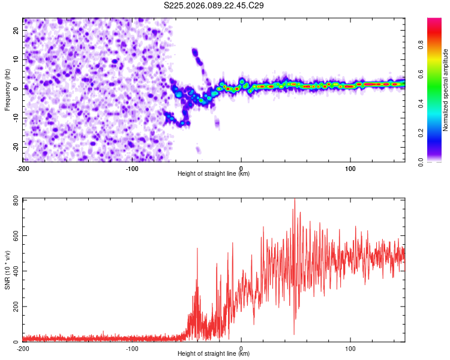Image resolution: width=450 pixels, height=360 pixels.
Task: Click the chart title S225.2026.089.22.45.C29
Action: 214,5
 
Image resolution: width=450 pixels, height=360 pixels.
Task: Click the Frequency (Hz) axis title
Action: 8,89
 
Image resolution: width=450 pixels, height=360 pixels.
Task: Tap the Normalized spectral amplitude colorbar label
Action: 446,90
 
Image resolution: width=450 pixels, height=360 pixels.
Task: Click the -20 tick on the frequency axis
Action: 15,147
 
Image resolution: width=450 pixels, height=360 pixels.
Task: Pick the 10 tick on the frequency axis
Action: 16,59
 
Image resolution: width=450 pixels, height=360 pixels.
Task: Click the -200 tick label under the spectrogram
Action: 23,168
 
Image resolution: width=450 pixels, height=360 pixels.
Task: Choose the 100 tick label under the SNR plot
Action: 350,348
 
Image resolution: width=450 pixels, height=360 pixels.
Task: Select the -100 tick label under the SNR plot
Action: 132,348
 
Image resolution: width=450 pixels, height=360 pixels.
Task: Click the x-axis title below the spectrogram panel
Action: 214,174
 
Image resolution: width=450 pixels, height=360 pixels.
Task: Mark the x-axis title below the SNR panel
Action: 214,354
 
